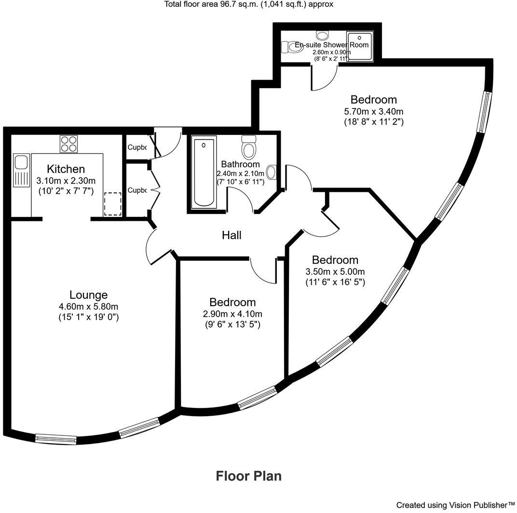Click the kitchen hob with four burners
tap(68, 144)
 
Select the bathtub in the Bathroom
tap(204, 173)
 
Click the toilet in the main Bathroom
tap(249, 148)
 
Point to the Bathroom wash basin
tap(272, 172)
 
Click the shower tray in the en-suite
tap(359, 47)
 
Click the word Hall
tap(231, 235)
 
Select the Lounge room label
tap(88, 295)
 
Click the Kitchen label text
tap(66, 169)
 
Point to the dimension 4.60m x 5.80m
tap(88, 306)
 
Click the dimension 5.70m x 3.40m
tap(374, 111)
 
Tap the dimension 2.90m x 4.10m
tap(232, 314)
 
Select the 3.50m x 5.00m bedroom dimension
tap(335, 271)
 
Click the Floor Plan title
tap(248, 476)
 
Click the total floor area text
tap(249, 4)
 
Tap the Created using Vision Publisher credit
tap(455, 505)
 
